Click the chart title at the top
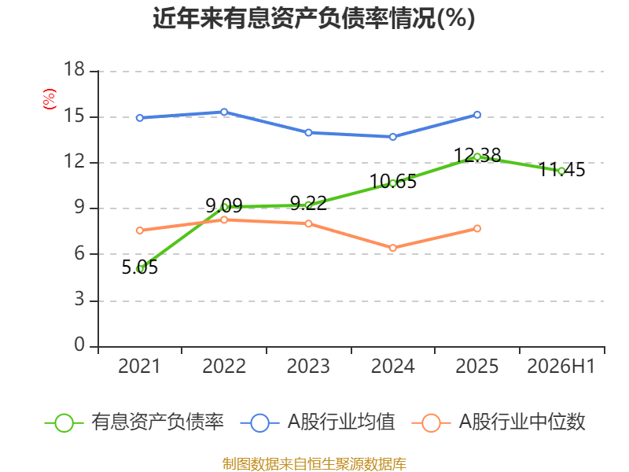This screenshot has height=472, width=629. coord(314,18)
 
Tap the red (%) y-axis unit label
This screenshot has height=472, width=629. coord(50,99)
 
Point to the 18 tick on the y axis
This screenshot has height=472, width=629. coord(74,69)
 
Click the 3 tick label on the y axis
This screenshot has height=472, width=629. coord(79,300)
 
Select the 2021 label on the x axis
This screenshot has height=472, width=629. coord(139,366)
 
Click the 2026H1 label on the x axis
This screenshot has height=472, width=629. coord(561,366)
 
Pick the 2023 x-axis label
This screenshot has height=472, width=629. coord(308,366)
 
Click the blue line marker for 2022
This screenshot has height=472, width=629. coord(224,112)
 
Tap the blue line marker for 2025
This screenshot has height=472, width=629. coord(477,115)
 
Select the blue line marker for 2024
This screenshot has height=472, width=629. coord(392,137)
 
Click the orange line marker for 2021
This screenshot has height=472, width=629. coord(140,230)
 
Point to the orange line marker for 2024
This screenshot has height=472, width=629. coord(392,248)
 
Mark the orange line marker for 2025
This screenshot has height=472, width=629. coord(477,228)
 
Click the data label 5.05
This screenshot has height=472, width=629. coord(140,267)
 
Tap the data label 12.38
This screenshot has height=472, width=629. coord(477,155)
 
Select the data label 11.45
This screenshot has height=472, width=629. coord(561,170)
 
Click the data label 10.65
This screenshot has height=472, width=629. coord(392,182)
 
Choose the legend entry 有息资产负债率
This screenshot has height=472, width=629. coord(134,422)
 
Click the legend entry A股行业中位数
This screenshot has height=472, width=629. coord(498,422)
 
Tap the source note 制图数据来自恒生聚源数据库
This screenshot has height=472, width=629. coord(314,463)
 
